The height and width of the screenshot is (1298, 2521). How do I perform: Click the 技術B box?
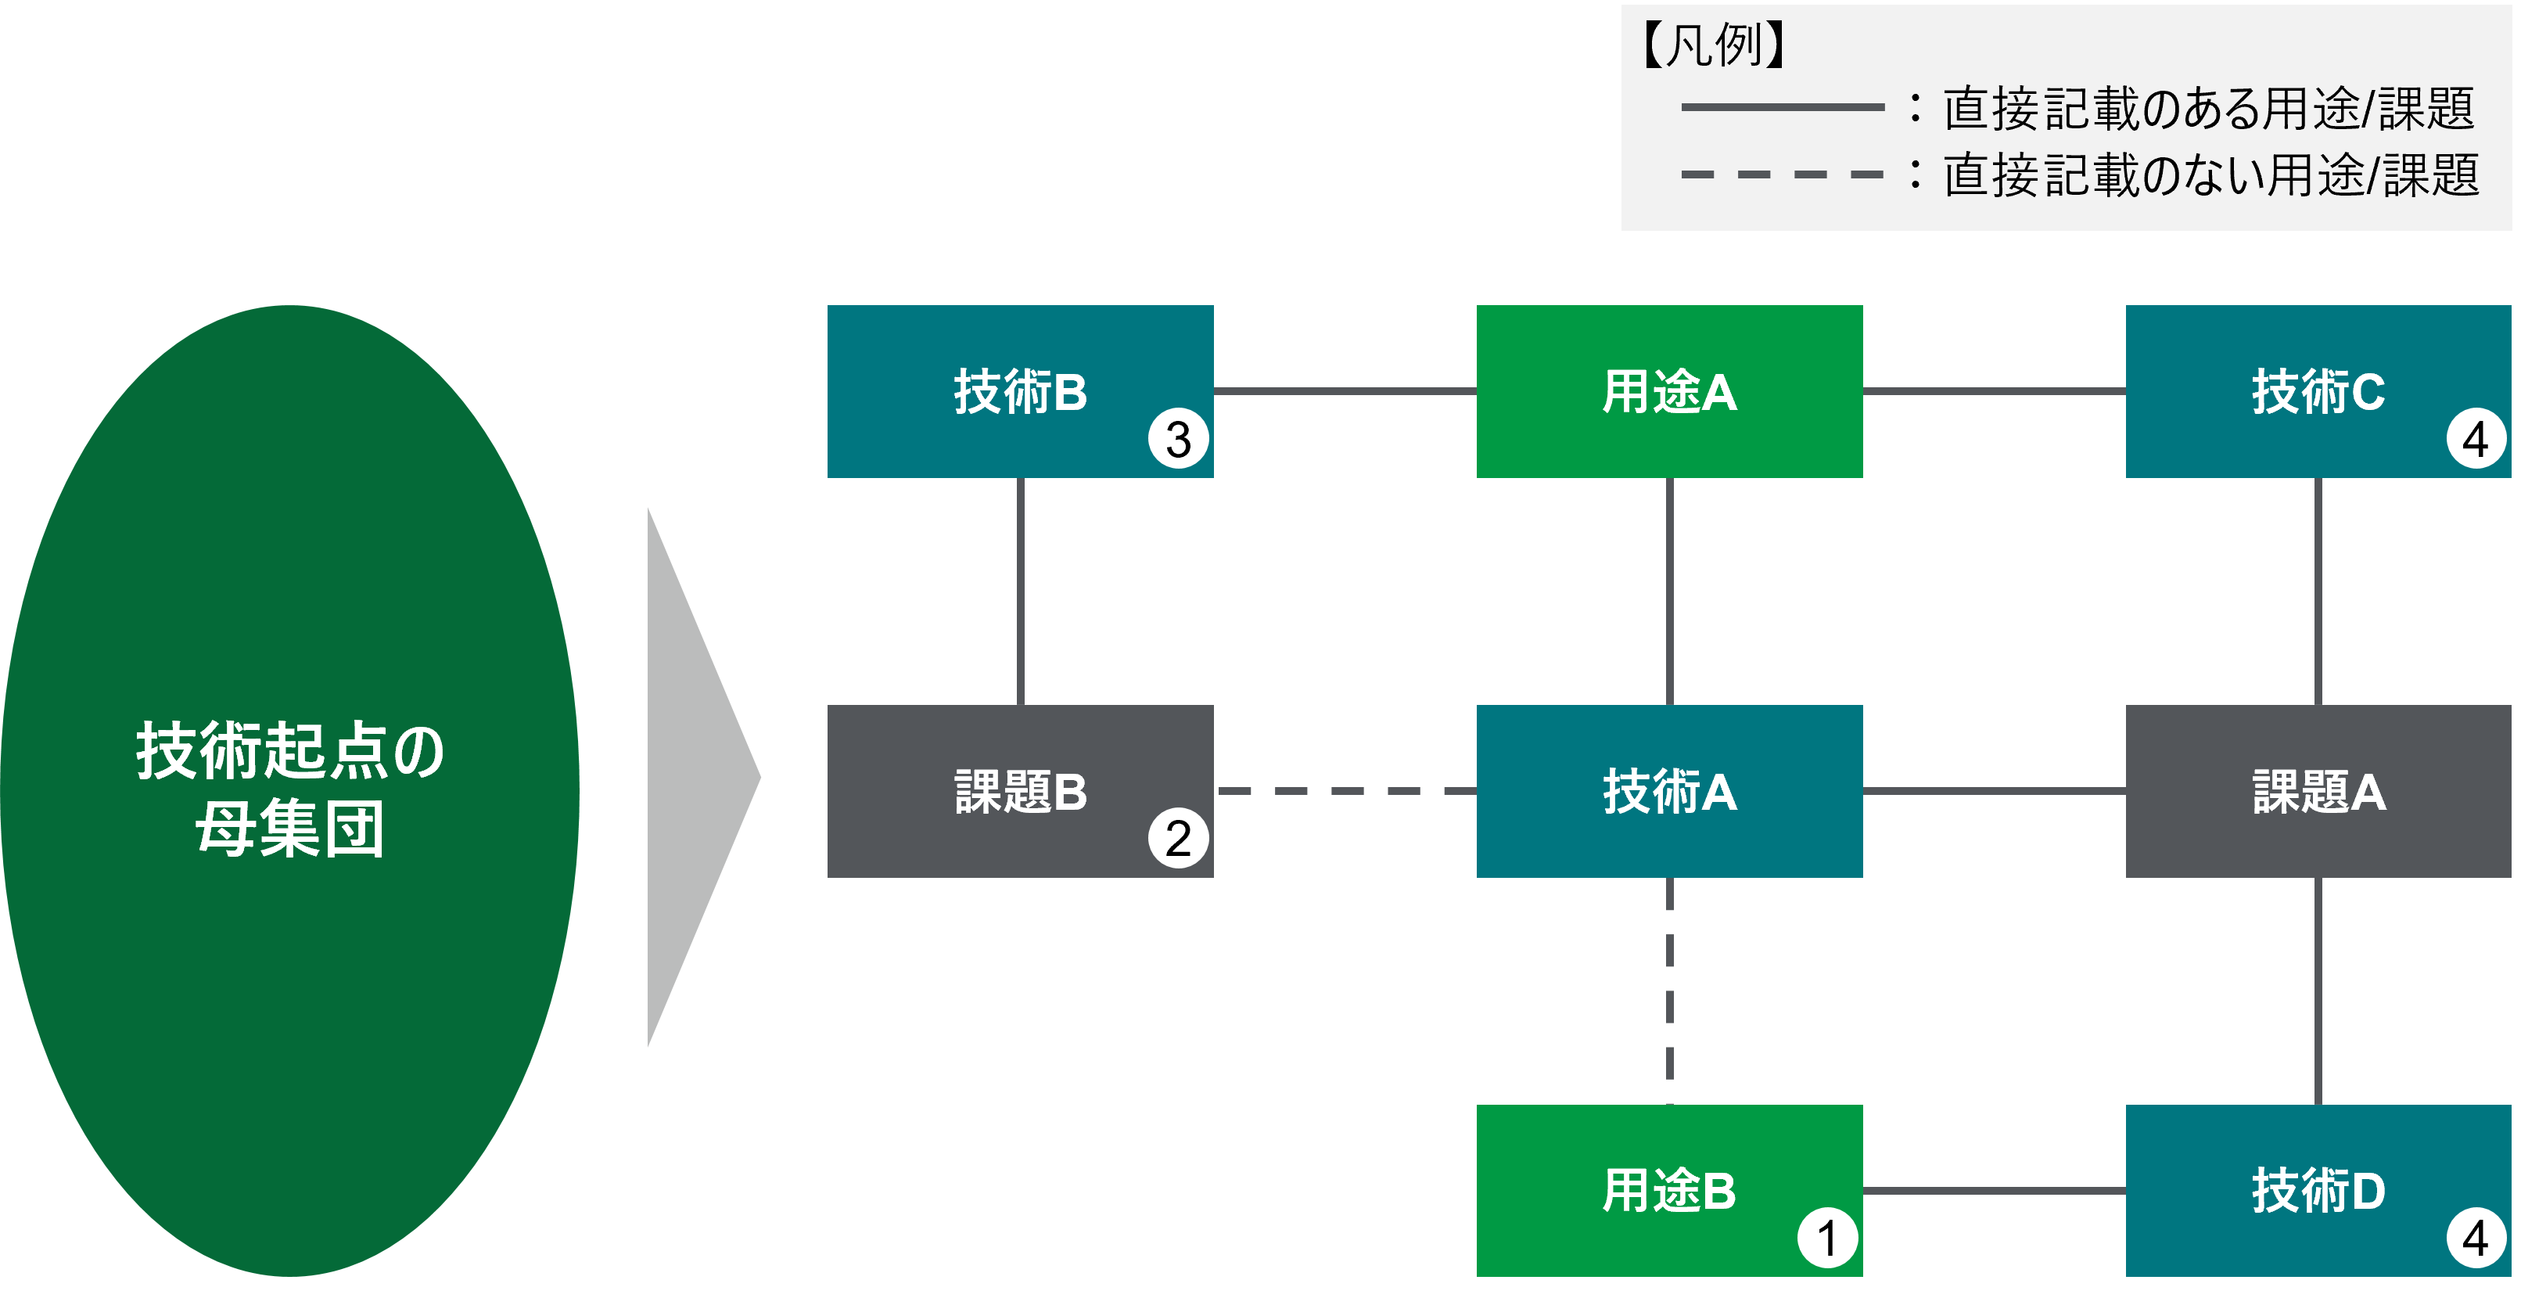tap(1020, 390)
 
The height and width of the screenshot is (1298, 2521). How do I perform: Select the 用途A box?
tap(1668, 390)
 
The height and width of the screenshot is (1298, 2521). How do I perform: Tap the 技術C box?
tap(2318, 390)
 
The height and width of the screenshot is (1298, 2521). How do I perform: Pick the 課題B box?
tap(1020, 790)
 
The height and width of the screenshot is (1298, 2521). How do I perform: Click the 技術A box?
tap(1668, 790)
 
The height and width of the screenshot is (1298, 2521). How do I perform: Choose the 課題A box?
tap(2318, 790)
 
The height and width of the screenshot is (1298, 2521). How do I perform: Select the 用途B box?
tap(1668, 1189)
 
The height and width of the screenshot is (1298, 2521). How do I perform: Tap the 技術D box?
tap(2318, 1189)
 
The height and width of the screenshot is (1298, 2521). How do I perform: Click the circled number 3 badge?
tap(1178, 439)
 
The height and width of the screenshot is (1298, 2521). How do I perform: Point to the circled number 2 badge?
tap(1178, 838)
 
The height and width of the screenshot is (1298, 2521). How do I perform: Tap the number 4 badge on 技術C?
tap(2476, 439)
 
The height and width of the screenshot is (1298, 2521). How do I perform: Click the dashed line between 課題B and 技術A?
tap(1345, 790)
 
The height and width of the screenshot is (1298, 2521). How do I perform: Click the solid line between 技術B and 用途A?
tap(1345, 390)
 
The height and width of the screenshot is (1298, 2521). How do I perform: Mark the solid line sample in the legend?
tap(1782, 106)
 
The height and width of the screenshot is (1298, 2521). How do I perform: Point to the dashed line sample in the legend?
tap(1782, 174)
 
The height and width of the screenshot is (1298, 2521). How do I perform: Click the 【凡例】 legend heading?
tap(1713, 45)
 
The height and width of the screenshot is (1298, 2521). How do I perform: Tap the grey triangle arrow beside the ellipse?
tap(695, 778)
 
